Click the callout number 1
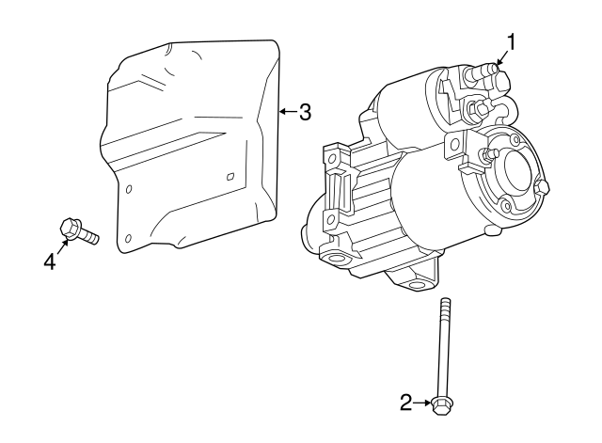(x=511, y=41)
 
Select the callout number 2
(x=405, y=403)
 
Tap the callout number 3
(x=304, y=112)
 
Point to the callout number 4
(x=50, y=261)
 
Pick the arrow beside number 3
(x=289, y=112)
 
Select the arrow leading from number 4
(x=62, y=246)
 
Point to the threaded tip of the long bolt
(x=445, y=303)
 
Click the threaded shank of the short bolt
(x=89, y=236)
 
